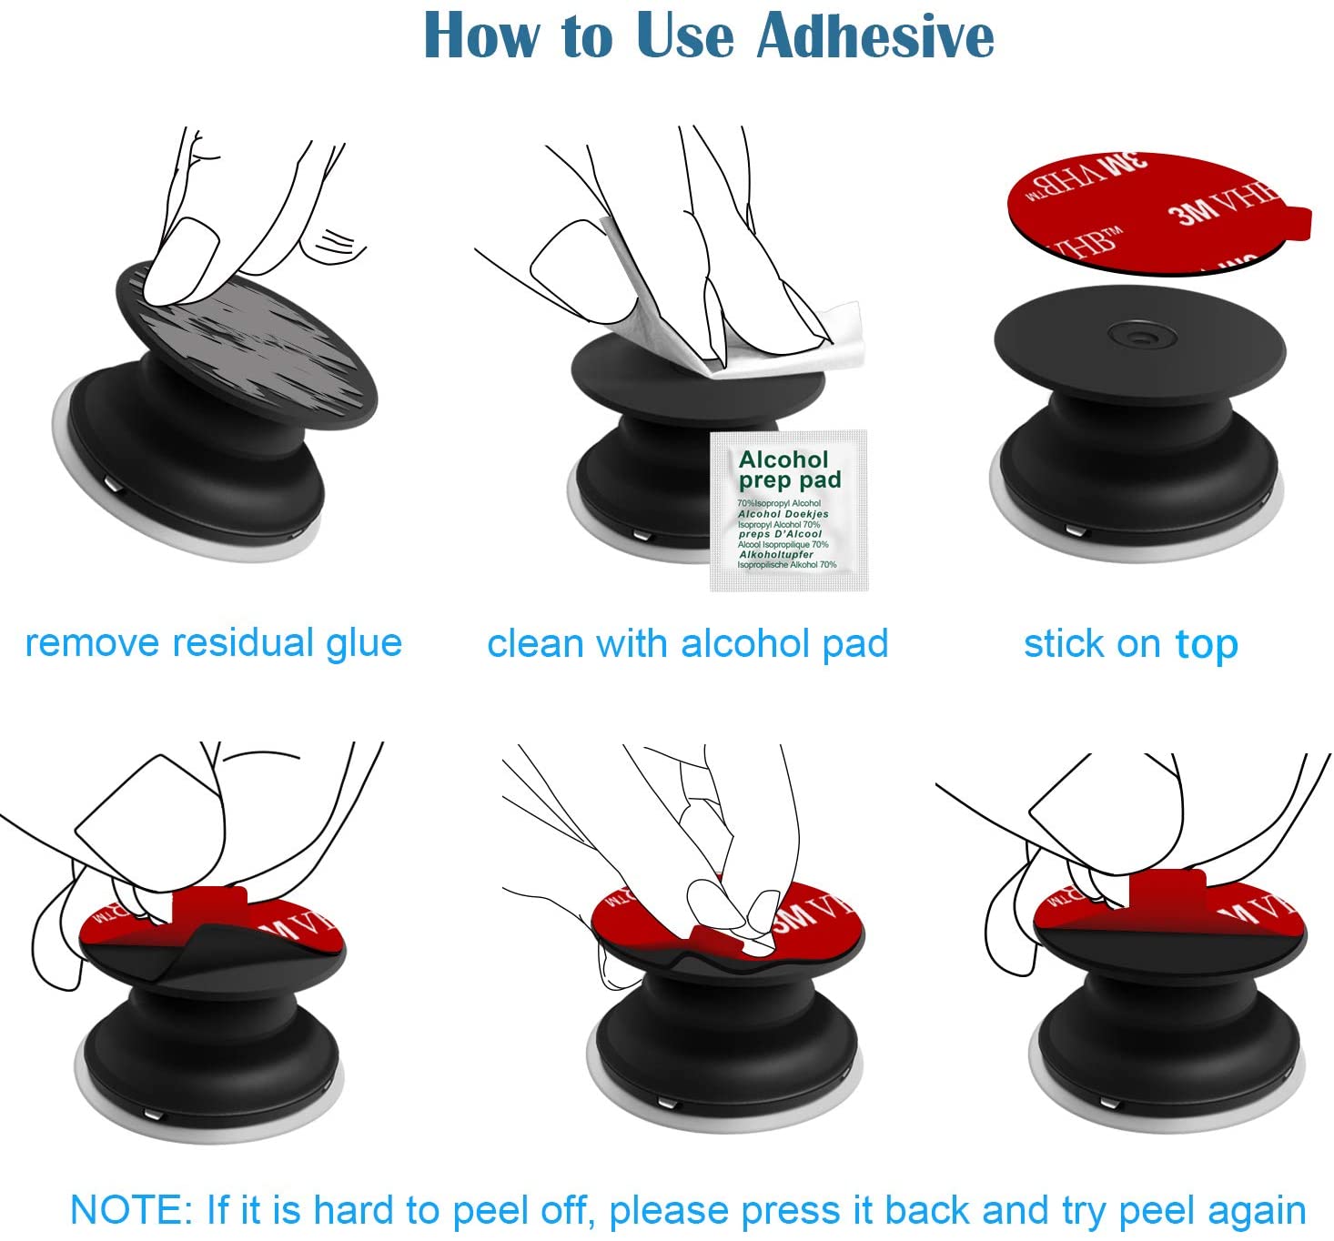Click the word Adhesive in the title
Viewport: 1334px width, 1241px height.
point(875,36)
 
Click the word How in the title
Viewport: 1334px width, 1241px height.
point(481,36)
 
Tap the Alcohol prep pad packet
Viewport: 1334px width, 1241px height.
point(788,512)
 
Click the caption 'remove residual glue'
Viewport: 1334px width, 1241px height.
point(214,642)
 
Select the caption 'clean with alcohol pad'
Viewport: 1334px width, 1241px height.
point(687,643)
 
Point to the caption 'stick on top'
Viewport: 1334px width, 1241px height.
point(1130,643)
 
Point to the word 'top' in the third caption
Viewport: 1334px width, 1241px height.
point(1207,645)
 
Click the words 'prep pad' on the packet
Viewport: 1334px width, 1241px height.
point(789,479)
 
